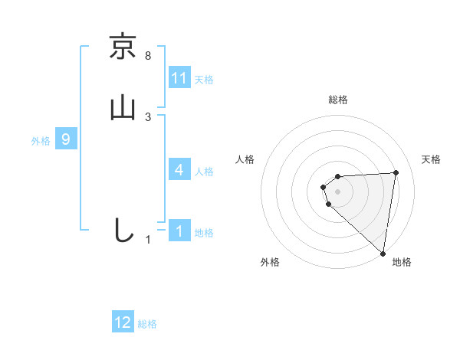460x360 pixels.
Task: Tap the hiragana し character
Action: point(123,230)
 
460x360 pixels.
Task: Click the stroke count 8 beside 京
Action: point(148,55)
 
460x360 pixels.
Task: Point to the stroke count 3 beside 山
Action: point(148,116)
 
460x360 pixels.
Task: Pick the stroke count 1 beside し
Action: point(148,240)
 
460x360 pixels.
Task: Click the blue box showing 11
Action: point(179,78)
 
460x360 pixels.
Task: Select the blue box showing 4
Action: point(179,170)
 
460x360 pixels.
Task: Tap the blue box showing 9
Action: point(67,139)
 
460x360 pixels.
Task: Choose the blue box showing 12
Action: point(123,322)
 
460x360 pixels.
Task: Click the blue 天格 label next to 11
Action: point(204,80)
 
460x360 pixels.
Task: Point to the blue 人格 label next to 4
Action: point(204,172)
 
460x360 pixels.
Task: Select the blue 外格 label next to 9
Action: point(41,141)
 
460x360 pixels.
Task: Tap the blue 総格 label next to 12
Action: point(147,324)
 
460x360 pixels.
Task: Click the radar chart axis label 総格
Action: point(338,100)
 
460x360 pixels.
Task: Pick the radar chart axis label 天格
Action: point(432,159)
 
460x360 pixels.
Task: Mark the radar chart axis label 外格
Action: point(270,262)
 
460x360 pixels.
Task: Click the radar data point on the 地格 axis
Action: point(383,253)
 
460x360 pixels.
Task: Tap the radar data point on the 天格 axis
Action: point(396,172)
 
